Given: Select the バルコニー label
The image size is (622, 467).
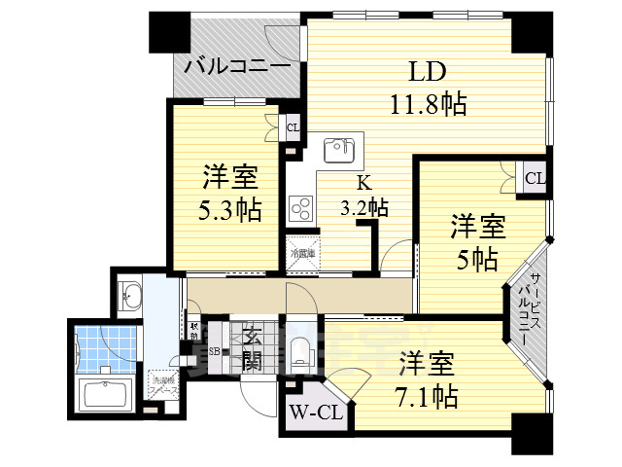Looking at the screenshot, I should (x=236, y=67).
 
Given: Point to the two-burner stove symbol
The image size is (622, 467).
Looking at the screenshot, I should (x=300, y=208).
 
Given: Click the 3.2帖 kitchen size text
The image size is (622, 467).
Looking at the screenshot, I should (x=365, y=206).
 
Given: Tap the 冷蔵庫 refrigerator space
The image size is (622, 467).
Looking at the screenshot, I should (x=301, y=253).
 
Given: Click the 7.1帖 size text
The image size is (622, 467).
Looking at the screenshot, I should (x=428, y=396).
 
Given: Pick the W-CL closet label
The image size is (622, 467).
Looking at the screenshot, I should (x=315, y=413).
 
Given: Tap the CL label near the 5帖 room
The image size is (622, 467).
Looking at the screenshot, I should (x=535, y=178).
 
